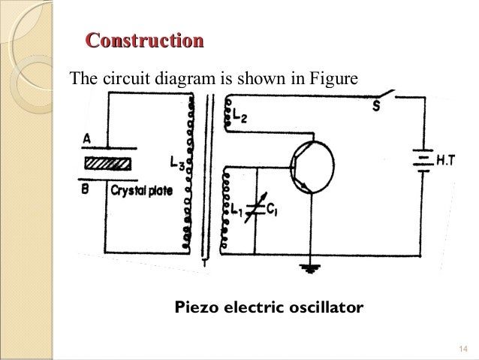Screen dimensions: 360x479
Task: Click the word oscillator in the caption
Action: (x=324, y=308)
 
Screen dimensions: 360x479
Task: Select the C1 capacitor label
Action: (x=273, y=213)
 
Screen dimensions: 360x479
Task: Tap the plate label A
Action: (x=87, y=139)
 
